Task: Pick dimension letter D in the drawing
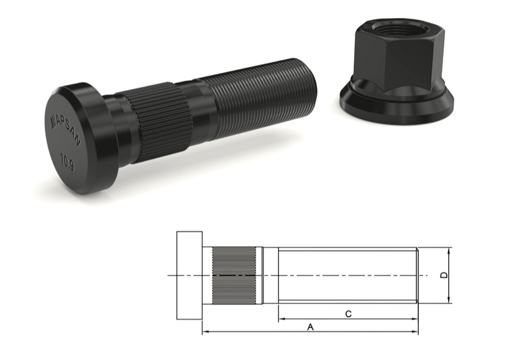click(443, 275)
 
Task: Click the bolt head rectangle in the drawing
click(189, 275)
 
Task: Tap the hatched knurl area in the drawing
click(234, 275)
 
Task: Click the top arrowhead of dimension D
click(449, 250)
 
